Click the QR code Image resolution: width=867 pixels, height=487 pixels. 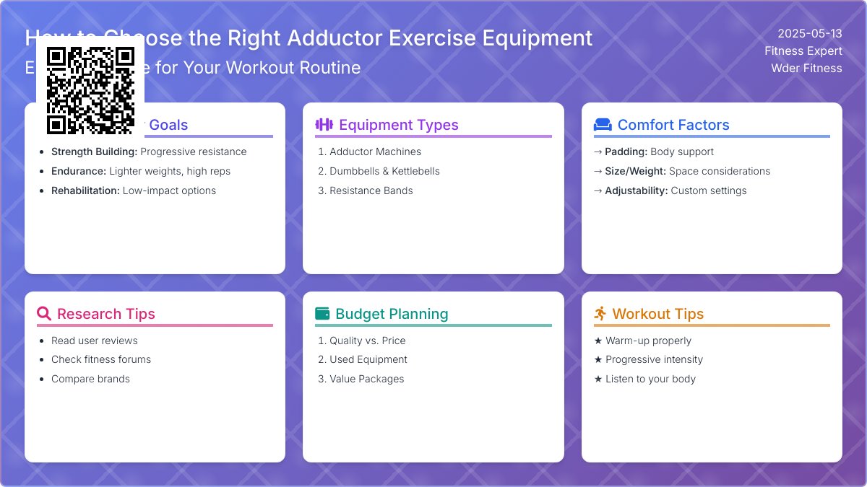coord(90,90)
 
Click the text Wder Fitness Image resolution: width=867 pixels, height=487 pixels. coord(806,68)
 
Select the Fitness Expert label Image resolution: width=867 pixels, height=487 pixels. coord(803,51)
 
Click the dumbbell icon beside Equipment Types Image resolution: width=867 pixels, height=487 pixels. coord(324,125)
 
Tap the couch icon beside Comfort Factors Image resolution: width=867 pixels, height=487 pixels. coord(603,125)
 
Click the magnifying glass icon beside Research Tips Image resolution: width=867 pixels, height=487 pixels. coord(44,314)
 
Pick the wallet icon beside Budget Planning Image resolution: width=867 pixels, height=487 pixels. coord(322,314)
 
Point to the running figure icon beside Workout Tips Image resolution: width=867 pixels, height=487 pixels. coord(600,314)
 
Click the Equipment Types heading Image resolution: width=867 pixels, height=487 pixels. coord(398,125)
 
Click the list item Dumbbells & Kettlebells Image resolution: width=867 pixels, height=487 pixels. coord(384,171)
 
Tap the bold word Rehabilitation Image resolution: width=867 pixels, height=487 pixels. coord(85,190)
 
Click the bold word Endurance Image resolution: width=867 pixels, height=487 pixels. coord(78,171)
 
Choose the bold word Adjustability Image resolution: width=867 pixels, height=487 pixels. coord(636,190)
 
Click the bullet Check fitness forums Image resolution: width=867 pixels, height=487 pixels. coord(101,359)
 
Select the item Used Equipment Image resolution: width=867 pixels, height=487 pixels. coord(368,359)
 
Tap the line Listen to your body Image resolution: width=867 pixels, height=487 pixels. coord(650,379)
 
